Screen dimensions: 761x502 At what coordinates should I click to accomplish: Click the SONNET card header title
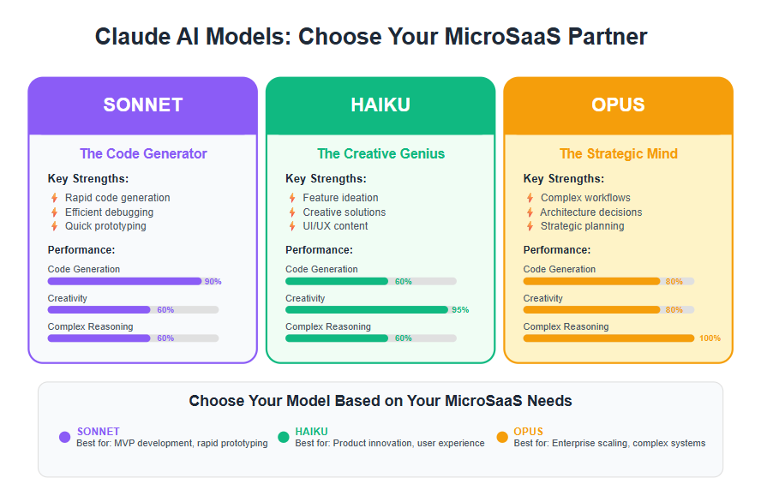pos(142,105)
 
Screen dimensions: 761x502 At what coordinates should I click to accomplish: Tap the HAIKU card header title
pos(380,105)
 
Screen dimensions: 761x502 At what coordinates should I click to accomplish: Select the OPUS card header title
pos(618,105)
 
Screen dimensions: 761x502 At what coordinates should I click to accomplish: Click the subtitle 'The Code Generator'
pos(143,153)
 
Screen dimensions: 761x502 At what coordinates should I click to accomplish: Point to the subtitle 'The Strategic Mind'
pos(619,153)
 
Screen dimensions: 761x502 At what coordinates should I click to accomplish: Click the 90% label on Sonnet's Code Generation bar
pos(213,281)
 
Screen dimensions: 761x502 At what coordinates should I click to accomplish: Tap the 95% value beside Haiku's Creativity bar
pos(460,310)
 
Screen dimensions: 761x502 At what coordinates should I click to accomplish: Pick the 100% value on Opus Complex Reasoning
pos(710,338)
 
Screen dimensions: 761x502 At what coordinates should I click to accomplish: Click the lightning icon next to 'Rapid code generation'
pos(54,198)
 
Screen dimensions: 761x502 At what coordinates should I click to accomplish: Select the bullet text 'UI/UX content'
pos(335,226)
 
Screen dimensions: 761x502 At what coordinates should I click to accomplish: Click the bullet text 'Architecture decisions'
pos(590,212)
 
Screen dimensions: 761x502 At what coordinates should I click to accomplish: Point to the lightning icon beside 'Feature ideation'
pos(292,198)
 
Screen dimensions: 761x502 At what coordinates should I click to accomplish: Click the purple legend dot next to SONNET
pos(64,437)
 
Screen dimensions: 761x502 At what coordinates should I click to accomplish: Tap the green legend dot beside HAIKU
pos(284,437)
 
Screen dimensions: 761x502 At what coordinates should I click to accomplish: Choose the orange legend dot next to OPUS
pos(502,437)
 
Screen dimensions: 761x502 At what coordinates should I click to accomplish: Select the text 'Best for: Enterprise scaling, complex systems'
pos(609,443)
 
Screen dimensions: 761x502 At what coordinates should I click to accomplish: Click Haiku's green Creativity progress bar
pos(367,310)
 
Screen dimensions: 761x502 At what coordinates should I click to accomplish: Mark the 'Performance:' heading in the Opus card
pos(557,250)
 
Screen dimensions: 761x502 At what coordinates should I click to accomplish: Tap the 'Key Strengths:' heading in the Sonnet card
pos(88,179)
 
